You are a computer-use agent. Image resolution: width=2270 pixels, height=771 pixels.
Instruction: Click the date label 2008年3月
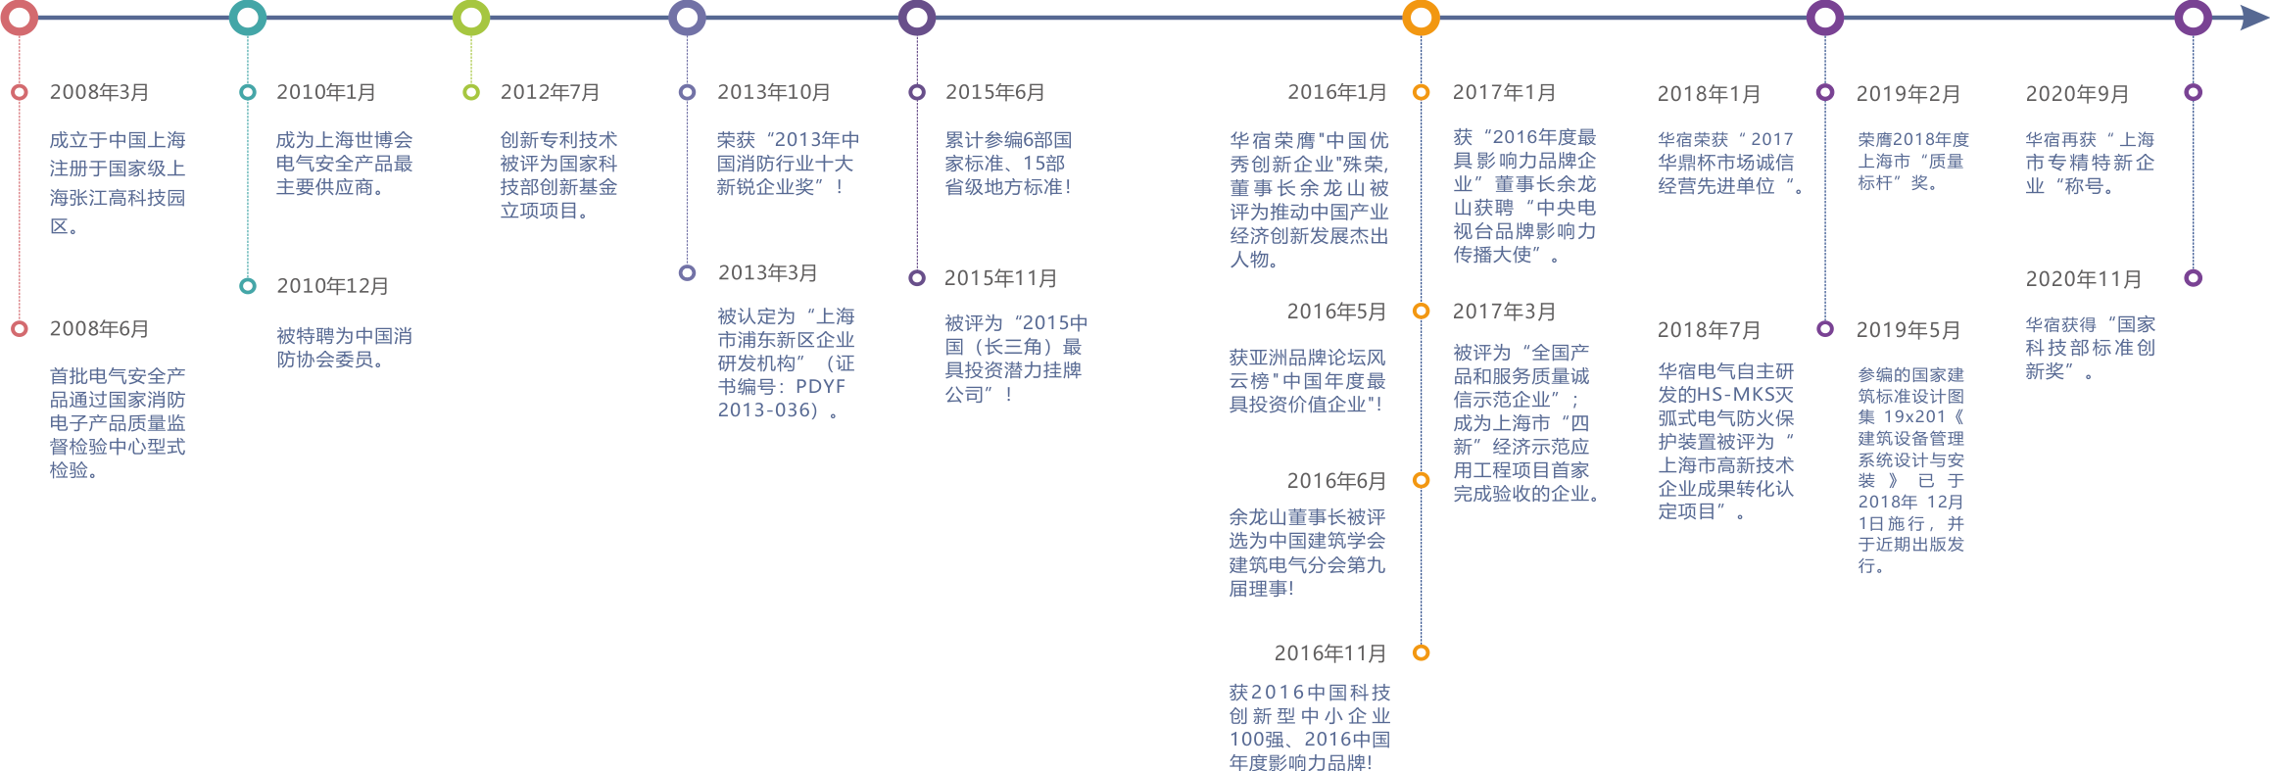99,92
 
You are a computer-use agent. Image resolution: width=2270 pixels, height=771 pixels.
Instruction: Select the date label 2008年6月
99,329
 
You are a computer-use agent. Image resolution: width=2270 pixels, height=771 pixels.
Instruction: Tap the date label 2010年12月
332,286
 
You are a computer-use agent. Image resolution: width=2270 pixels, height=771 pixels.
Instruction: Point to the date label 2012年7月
550,92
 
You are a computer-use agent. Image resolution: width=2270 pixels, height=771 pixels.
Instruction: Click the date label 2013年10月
774,92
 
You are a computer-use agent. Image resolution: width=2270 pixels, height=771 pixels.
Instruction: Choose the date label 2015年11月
1000,278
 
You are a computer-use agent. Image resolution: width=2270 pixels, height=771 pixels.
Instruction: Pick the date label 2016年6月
1336,481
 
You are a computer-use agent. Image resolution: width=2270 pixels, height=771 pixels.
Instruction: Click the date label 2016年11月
1329,653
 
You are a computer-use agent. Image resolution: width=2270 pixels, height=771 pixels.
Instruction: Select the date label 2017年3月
1504,312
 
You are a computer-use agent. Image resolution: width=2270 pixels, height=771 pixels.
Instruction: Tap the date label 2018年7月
1709,330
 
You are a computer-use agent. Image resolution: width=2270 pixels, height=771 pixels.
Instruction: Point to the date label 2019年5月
1908,330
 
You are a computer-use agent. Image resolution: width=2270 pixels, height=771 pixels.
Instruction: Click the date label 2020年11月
2084,279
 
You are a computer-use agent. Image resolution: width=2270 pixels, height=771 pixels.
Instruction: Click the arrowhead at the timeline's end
2253,18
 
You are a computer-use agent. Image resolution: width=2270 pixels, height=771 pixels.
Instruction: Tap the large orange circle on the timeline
1421,18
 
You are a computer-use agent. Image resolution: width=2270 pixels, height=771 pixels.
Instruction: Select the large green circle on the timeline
471,18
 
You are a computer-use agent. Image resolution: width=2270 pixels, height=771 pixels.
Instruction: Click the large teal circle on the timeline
247,18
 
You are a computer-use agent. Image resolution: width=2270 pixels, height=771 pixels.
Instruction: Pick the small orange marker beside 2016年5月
1421,312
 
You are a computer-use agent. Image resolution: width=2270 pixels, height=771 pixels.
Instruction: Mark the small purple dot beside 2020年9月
2194,92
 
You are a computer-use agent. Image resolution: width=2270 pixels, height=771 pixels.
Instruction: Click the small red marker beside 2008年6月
20,329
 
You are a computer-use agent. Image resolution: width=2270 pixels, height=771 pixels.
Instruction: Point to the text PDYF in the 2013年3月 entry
820,386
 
